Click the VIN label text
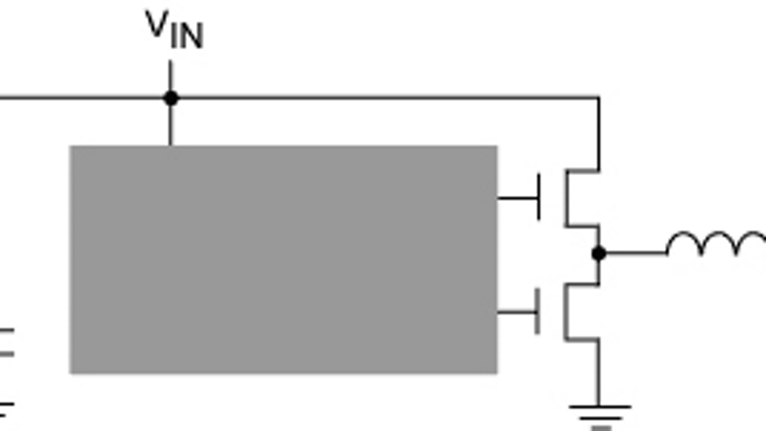(x=175, y=30)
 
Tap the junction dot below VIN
(x=171, y=98)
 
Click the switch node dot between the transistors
(x=599, y=253)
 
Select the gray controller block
(x=284, y=260)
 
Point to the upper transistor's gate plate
(x=539, y=197)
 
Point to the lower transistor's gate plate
(x=537, y=311)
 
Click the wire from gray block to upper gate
(x=517, y=198)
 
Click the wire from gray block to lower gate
(x=517, y=312)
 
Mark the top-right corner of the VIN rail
(x=599, y=97)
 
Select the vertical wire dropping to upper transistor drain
(x=599, y=134)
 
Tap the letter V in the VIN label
(x=156, y=24)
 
